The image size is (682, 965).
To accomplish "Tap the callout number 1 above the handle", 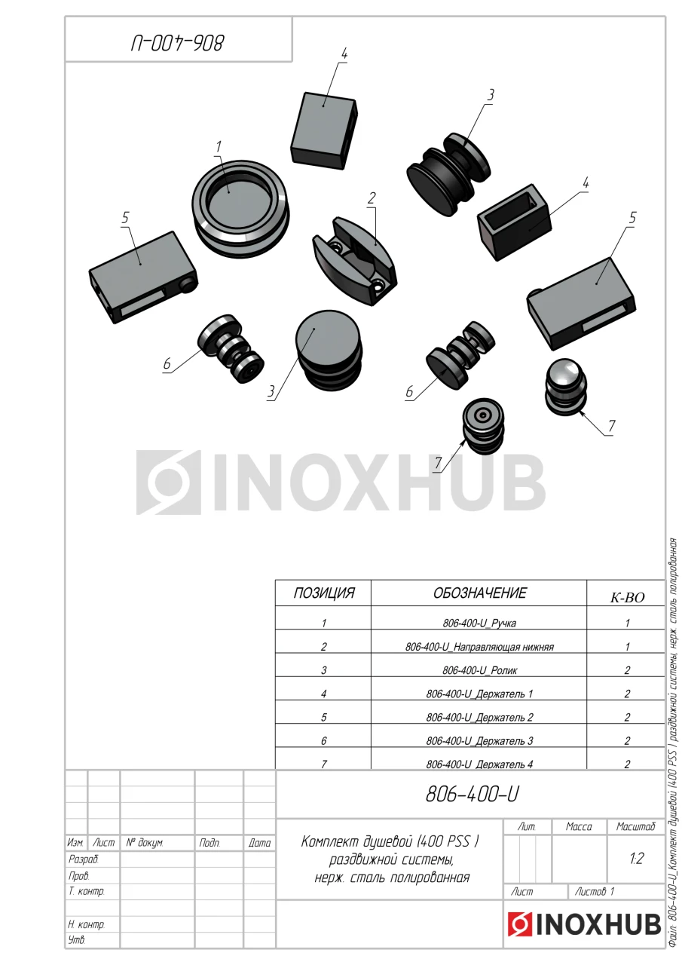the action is tap(219, 147).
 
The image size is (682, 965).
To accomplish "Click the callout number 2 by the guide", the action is tap(371, 198).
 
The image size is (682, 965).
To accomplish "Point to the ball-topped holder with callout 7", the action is tap(566, 388).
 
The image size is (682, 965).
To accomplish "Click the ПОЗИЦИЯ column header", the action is tap(324, 593).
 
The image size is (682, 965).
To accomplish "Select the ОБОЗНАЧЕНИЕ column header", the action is tap(479, 593).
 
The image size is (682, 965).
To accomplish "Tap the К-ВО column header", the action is tap(627, 598).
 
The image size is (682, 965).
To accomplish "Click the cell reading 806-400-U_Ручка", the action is tap(479, 623).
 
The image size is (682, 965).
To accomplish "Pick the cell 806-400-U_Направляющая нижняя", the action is tap(479, 647).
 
